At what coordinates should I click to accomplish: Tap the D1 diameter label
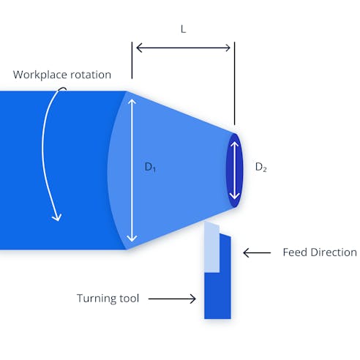150,168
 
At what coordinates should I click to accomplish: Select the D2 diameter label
260,168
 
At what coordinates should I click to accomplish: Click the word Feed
296,252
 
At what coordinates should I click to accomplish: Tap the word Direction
334,252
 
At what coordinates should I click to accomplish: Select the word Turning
97,298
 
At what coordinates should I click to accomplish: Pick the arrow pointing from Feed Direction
255,252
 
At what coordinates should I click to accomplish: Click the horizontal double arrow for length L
183,48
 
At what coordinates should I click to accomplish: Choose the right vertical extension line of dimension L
233,84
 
